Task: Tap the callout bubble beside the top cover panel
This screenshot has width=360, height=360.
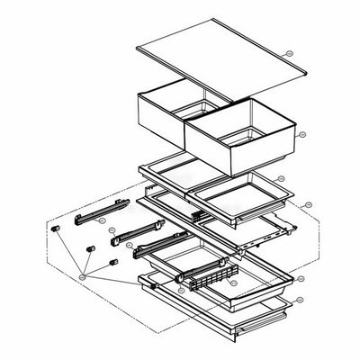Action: (287, 54)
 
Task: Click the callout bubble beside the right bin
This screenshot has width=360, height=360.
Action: (302, 135)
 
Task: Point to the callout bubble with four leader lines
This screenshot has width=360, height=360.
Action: (83, 278)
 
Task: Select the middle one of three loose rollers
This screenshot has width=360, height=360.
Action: (91, 247)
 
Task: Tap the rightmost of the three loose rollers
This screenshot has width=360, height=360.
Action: (113, 262)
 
